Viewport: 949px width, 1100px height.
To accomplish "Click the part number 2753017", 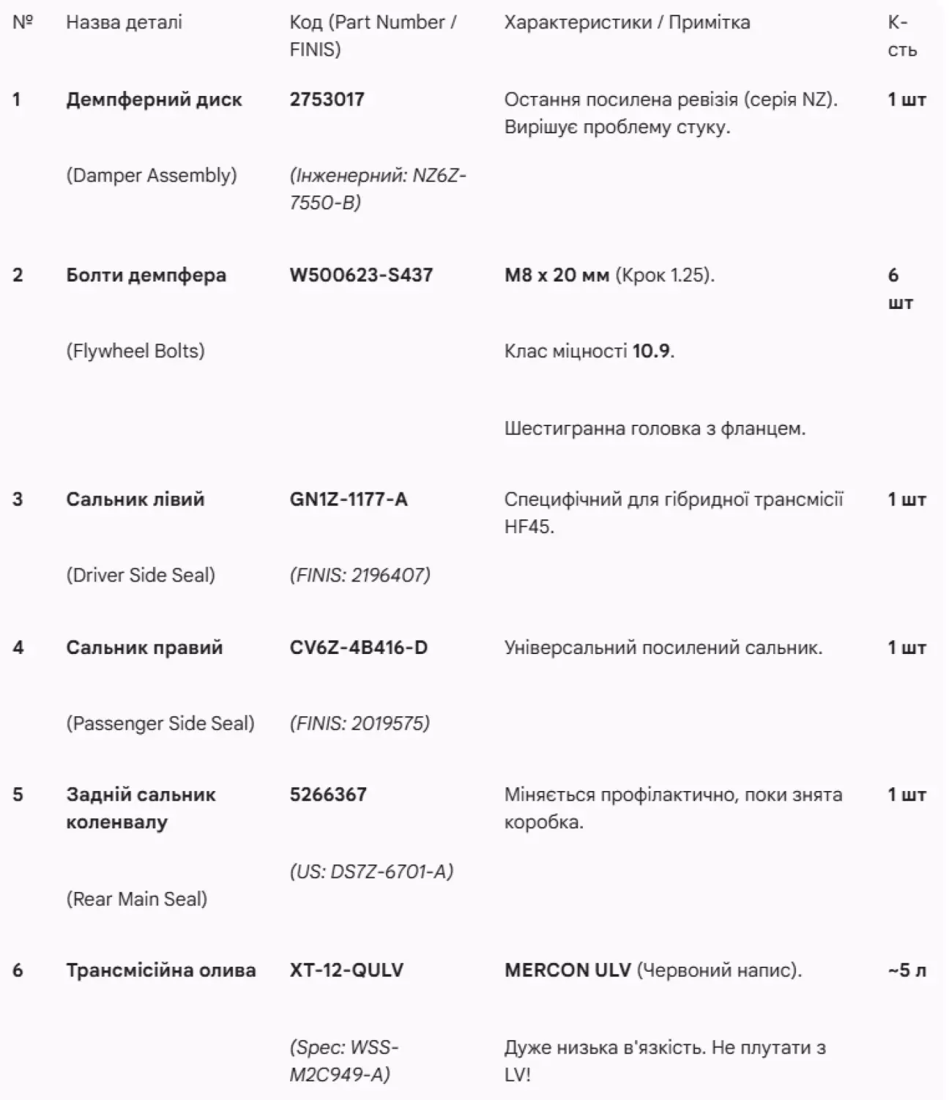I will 327,100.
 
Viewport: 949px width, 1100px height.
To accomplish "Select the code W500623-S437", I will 361,275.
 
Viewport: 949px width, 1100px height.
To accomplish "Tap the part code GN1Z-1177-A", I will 349,499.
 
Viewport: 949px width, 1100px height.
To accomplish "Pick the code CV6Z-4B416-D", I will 358,647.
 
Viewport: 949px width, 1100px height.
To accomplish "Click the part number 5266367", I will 328,795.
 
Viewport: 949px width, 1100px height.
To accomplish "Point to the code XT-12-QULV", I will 346,970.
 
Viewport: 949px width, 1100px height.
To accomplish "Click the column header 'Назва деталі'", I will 124,23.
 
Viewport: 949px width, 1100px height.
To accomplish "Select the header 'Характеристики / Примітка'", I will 627,23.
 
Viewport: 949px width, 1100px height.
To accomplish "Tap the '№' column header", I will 23,23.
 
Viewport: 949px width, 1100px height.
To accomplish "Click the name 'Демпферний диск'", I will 154,100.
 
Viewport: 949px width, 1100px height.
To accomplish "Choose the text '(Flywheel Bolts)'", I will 135,351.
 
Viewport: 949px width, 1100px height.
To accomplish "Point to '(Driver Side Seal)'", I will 141,575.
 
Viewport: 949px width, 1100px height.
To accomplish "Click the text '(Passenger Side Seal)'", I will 160,724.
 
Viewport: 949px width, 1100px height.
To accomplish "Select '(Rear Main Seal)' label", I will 137,899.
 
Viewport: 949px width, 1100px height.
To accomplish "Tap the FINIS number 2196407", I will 390,575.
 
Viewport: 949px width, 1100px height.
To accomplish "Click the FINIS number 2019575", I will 390,724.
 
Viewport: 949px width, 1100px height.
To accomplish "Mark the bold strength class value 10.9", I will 651,351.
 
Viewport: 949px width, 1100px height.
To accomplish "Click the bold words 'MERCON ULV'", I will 567,970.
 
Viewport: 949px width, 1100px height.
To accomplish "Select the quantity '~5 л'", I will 907,970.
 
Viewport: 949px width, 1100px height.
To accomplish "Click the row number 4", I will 18,647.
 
